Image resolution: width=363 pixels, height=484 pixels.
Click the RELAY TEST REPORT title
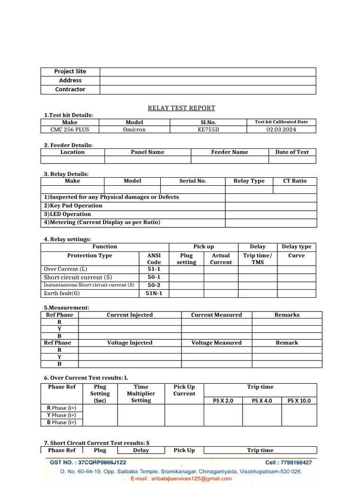[181, 108]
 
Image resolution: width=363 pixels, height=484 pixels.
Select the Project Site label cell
[70, 71]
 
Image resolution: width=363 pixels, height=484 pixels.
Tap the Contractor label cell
[70, 89]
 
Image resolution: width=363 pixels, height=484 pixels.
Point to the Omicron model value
[134, 130]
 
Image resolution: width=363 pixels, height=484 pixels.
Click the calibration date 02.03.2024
[281, 130]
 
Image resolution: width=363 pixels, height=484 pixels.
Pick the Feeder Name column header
[229, 152]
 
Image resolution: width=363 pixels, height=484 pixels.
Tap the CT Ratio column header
[294, 181]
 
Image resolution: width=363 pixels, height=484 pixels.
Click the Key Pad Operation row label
[73, 206]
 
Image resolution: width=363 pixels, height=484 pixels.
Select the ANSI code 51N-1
[154, 294]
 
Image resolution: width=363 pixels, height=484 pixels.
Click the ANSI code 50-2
[154, 285]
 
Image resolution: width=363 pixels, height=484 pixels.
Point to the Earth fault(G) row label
[62, 294]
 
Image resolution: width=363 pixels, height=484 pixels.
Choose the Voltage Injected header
[130, 343]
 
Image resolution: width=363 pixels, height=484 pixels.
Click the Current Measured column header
[216, 315]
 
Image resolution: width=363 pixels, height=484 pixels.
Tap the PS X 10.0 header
[299, 401]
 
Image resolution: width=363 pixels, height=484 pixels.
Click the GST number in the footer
[88, 463]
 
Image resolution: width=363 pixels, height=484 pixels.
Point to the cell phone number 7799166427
[288, 463]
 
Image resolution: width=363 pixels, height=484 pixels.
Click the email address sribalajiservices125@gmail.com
[181, 478]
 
